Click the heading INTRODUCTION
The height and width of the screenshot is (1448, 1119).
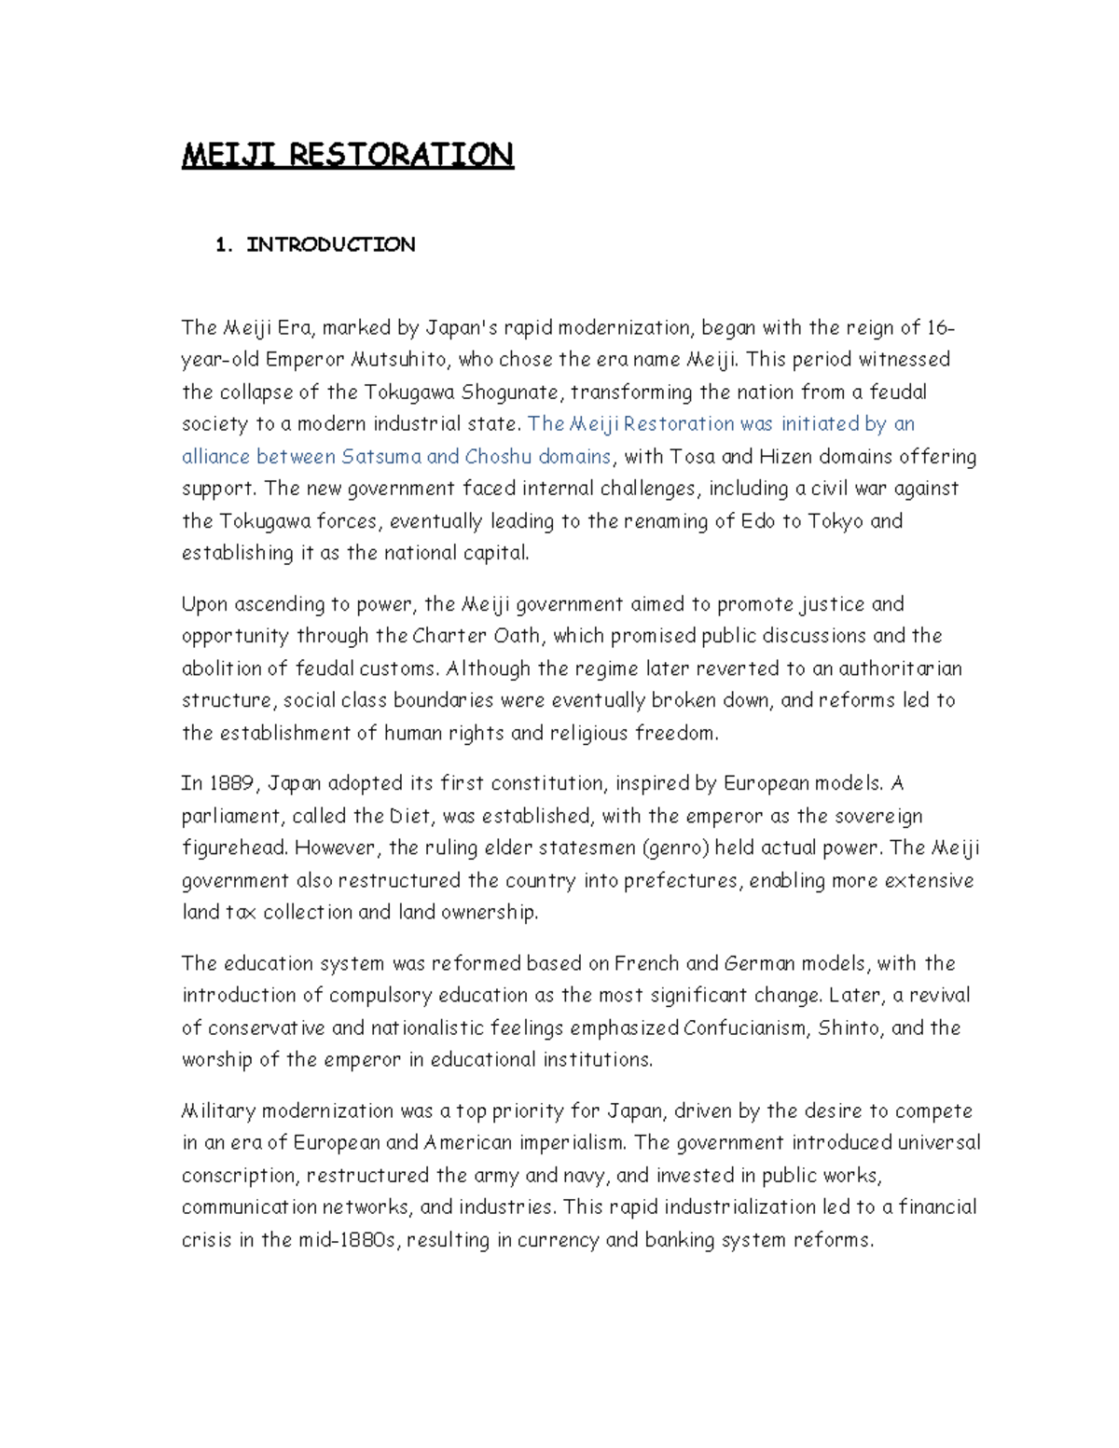pos(331,245)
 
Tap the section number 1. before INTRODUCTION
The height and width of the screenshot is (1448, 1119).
pos(223,245)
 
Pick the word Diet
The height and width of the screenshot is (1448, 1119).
pos(410,817)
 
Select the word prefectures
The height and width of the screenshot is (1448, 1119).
pos(682,881)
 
